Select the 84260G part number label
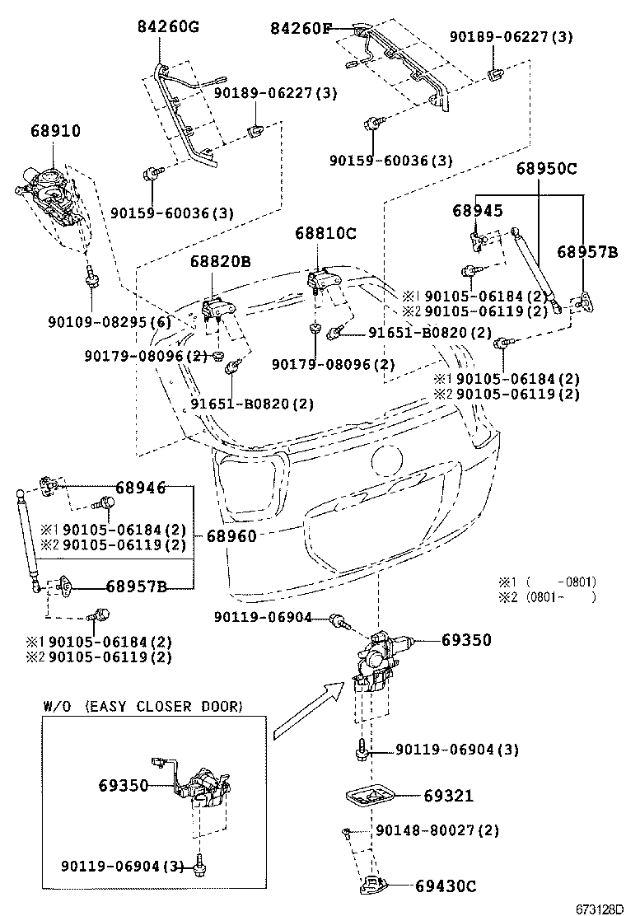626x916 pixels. (x=168, y=27)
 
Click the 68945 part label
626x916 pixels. (x=477, y=211)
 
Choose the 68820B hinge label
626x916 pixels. (x=220, y=261)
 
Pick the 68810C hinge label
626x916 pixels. (x=325, y=234)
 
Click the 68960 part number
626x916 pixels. (x=231, y=536)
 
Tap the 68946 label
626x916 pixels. (x=141, y=488)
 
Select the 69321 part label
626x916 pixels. (x=449, y=796)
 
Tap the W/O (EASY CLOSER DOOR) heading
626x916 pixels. (x=142, y=706)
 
